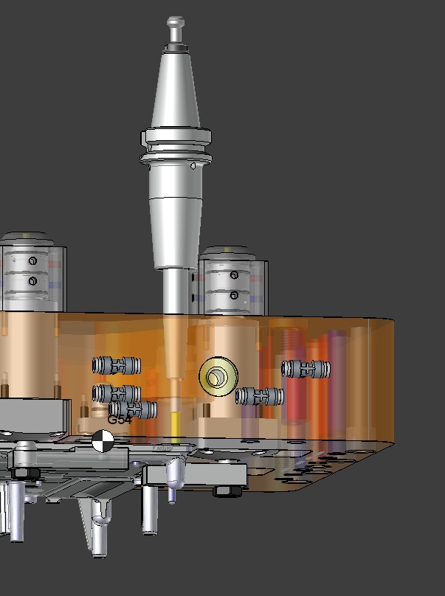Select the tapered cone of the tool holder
click(176, 89)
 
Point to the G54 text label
click(119, 420)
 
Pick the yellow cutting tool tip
click(175, 424)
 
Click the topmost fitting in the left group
click(117, 364)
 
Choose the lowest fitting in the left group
click(134, 409)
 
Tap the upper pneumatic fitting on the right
click(306, 367)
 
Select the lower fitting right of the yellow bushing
click(260, 396)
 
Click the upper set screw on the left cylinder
click(32, 261)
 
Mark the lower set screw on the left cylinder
click(32, 281)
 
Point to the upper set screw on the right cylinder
click(234, 275)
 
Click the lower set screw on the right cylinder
click(234, 296)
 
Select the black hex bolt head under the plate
click(224, 491)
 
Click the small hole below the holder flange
click(193, 167)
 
